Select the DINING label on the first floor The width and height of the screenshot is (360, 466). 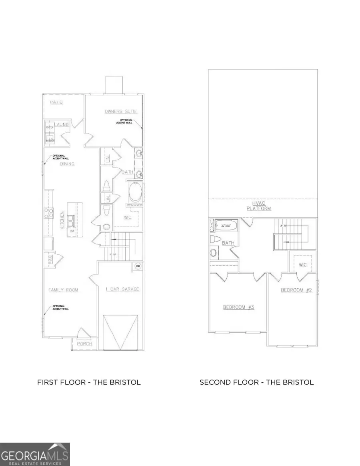point(67,164)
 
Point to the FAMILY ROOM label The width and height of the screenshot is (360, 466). point(63,290)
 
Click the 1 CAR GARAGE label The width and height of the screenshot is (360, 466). point(122,289)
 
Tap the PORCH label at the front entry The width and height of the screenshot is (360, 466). point(84,344)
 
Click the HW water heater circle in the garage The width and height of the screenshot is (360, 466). point(138,266)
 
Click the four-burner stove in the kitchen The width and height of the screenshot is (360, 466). point(49,213)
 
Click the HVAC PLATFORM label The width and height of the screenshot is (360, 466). point(259,206)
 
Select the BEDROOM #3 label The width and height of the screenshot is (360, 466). point(239,307)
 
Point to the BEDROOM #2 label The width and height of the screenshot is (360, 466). point(296,290)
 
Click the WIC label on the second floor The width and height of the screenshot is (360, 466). point(303,265)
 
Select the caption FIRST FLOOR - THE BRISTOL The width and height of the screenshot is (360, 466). point(89,382)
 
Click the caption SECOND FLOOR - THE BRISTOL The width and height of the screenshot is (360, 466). point(256,382)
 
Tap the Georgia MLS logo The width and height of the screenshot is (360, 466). point(35,454)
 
